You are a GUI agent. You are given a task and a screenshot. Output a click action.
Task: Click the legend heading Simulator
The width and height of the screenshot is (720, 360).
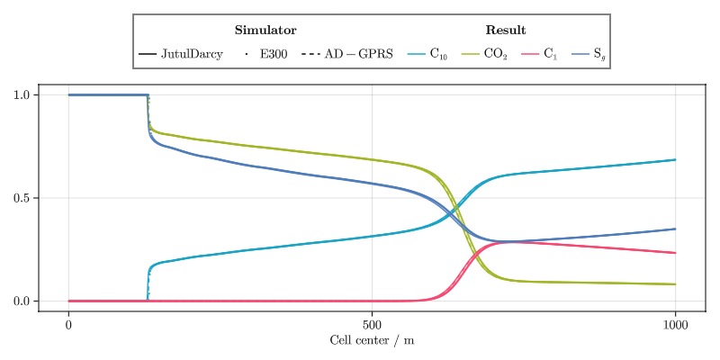(265, 31)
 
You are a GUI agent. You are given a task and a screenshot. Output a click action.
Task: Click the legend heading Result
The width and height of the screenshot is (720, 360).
(506, 31)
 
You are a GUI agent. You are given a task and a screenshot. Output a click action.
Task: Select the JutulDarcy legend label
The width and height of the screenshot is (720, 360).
(192, 55)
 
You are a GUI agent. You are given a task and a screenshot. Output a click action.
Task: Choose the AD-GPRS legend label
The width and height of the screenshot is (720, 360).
(359, 55)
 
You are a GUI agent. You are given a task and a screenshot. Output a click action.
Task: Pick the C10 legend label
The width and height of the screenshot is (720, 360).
(438, 55)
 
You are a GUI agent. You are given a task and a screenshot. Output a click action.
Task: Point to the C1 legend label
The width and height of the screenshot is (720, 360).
(551, 55)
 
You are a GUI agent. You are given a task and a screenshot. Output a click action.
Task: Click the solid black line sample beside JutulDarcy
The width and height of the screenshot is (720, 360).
(148, 55)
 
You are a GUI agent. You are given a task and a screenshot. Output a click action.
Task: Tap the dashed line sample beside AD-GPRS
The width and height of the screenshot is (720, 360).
(310, 55)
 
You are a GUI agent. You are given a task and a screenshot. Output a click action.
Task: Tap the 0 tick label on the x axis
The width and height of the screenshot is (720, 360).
(68, 324)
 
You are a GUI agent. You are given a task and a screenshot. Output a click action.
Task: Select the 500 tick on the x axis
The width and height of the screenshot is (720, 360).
(372, 324)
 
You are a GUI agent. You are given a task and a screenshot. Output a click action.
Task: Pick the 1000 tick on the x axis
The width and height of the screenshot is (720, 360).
(675, 324)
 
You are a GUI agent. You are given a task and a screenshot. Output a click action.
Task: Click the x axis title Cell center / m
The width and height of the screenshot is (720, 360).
(372, 340)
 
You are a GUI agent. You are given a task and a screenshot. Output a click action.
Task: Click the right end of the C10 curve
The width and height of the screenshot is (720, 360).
(675, 160)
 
